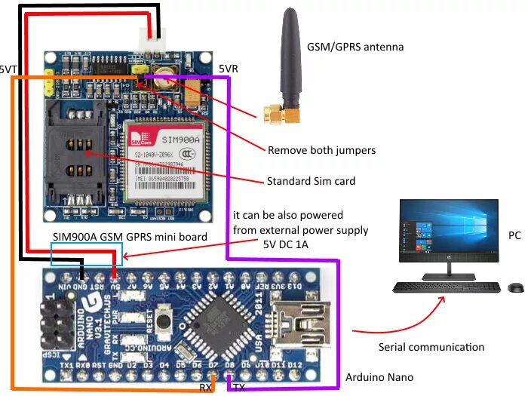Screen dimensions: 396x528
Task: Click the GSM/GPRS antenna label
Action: click(355, 47)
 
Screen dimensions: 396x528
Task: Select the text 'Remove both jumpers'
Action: click(321, 150)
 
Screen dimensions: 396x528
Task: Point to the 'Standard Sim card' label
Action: click(311, 181)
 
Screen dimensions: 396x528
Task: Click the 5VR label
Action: click(228, 69)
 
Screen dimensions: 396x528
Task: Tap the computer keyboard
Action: click(446, 287)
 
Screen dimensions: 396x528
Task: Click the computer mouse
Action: click(515, 287)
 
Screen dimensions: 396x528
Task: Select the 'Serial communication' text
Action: click(431, 347)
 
